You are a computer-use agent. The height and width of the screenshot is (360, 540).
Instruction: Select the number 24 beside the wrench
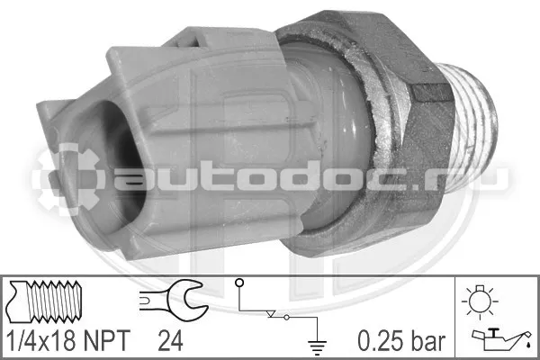(x=170, y=340)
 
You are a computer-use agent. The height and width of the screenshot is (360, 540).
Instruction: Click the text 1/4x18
(x=41, y=340)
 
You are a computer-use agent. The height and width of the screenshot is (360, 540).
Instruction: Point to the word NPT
(x=107, y=340)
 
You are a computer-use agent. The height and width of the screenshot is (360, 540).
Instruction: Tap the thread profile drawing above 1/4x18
(x=45, y=301)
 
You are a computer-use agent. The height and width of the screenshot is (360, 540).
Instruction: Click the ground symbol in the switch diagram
(x=317, y=346)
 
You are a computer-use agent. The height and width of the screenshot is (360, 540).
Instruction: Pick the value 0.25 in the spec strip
(x=380, y=341)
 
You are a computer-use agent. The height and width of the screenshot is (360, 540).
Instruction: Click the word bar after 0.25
(x=427, y=341)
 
